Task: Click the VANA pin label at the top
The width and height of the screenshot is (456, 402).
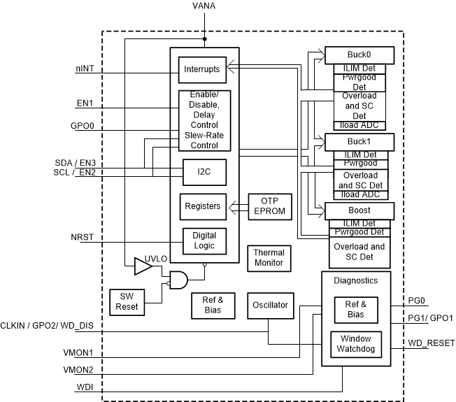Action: coord(204,6)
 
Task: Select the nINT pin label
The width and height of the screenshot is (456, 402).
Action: coord(87,69)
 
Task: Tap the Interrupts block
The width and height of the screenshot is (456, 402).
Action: coord(202,69)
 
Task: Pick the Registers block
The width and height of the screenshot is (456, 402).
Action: coord(202,206)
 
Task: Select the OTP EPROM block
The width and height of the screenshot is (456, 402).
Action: coord(269,206)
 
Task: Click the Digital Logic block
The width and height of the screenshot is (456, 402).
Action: coord(204,241)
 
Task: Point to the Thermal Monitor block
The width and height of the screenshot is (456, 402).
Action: coord(269,257)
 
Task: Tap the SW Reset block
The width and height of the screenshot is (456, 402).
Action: coord(127,301)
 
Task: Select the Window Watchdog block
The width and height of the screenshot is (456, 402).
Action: coord(355,343)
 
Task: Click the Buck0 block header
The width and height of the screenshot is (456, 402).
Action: coord(359,55)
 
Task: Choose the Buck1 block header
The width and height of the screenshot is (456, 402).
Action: coord(359,141)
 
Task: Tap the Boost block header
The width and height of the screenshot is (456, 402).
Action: coord(359,210)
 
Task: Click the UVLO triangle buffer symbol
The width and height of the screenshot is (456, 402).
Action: coord(143,266)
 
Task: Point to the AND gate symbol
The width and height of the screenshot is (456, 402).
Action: coord(177,280)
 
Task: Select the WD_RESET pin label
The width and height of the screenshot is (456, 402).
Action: coord(432,343)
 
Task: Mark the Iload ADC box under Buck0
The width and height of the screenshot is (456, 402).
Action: coord(359,124)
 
